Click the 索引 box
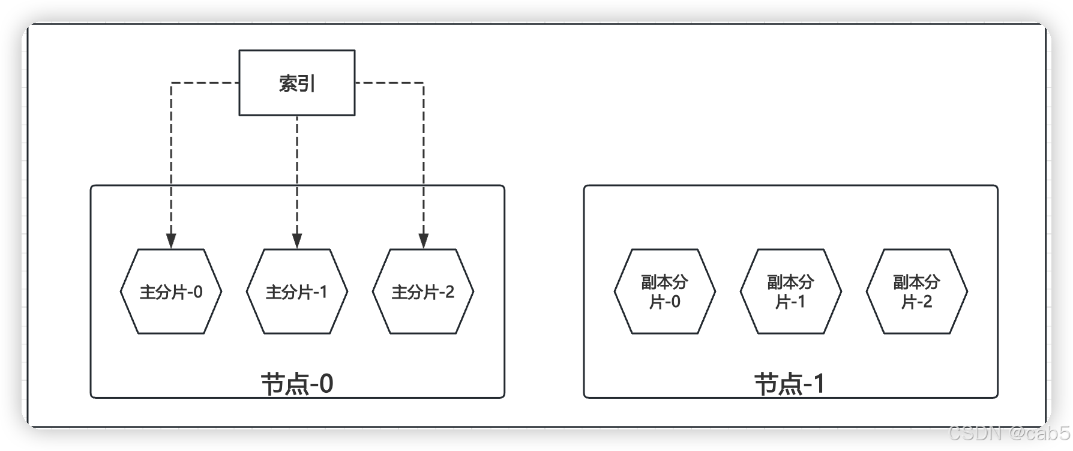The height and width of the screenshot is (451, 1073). (x=297, y=83)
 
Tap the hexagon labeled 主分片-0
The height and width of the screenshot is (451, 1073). (x=171, y=291)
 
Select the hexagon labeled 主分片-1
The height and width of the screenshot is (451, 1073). (x=297, y=291)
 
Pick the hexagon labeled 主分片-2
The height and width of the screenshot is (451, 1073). (x=423, y=291)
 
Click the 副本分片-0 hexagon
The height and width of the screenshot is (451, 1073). (x=665, y=291)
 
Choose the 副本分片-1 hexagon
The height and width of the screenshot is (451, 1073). (x=791, y=291)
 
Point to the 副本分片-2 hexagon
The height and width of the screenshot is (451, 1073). (x=917, y=291)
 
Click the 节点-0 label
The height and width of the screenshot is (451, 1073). (x=297, y=384)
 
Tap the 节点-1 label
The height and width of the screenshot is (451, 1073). (x=790, y=384)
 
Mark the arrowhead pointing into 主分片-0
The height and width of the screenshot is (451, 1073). (x=171, y=241)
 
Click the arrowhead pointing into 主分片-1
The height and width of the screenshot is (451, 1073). (x=297, y=241)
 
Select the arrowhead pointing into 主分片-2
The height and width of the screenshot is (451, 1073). (x=423, y=241)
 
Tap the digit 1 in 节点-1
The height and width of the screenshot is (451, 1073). (x=819, y=384)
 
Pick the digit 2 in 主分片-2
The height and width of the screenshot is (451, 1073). (x=449, y=292)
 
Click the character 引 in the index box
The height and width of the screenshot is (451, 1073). (x=307, y=83)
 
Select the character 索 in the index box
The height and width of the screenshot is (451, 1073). (x=288, y=83)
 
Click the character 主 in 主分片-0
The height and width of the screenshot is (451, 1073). (x=148, y=292)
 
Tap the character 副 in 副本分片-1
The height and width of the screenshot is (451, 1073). (x=775, y=282)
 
